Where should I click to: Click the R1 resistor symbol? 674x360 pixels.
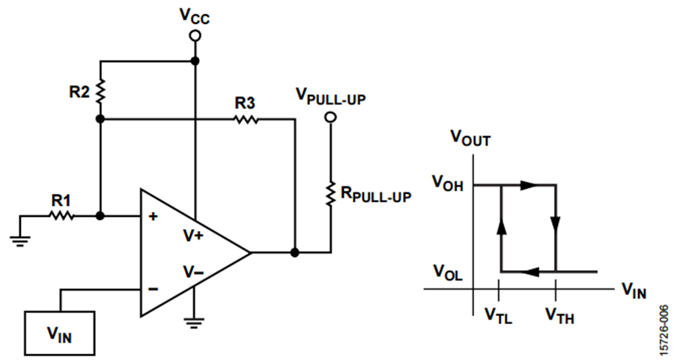click(x=62, y=216)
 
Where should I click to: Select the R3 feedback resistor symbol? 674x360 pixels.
click(x=246, y=118)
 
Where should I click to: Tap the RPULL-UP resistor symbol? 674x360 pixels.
click(x=330, y=193)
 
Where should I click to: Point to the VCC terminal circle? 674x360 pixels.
click(x=195, y=36)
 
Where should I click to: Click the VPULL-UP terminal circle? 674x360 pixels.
click(x=330, y=120)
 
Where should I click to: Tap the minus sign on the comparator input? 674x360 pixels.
click(x=154, y=288)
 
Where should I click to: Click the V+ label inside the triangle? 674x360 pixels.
click(x=193, y=235)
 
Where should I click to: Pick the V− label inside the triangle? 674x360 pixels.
click(x=193, y=271)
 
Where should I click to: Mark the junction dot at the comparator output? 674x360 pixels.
click(x=296, y=252)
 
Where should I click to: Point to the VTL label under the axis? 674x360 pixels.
click(x=499, y=314)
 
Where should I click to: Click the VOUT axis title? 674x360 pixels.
click(x=470, y=137)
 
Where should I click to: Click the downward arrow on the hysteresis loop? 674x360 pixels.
click(x=556, y=224)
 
